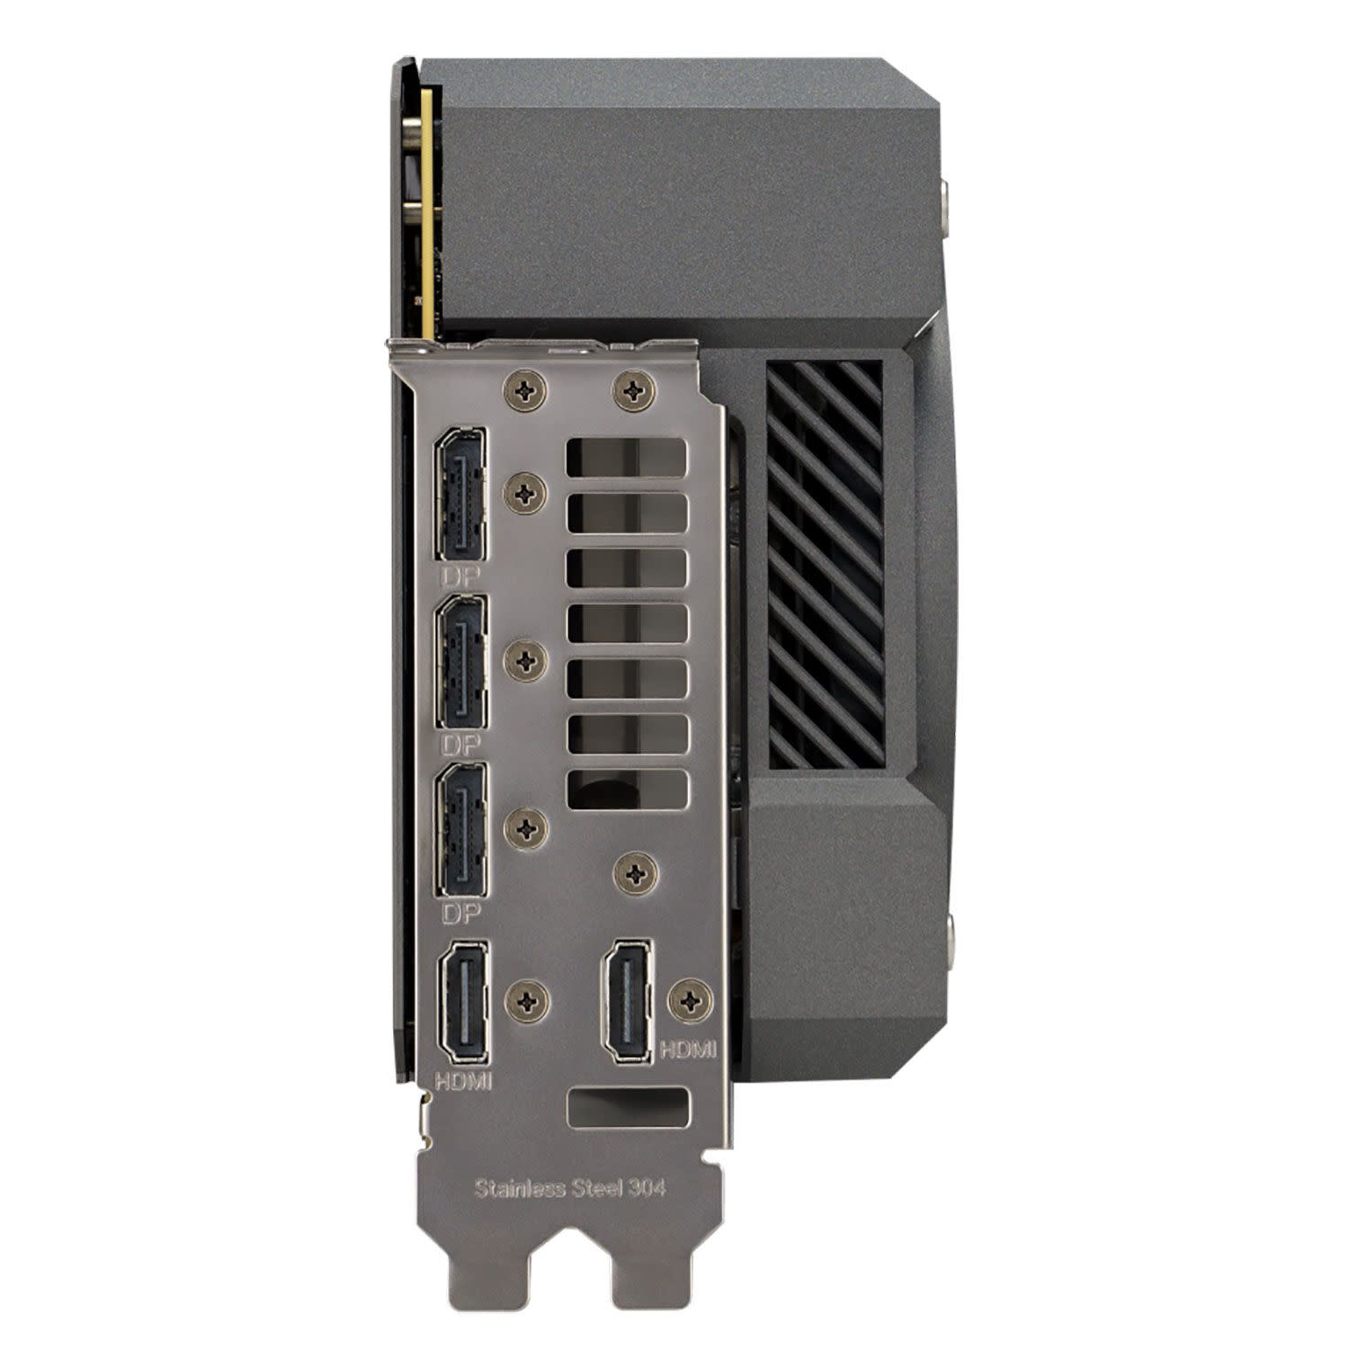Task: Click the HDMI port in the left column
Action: tap(464, 1000)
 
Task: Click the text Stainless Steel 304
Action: tap(570, 1188)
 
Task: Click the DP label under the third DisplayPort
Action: tap(461, 912)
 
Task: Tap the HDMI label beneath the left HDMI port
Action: tap(463, 1078)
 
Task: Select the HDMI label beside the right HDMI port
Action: tap(689, 1049)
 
